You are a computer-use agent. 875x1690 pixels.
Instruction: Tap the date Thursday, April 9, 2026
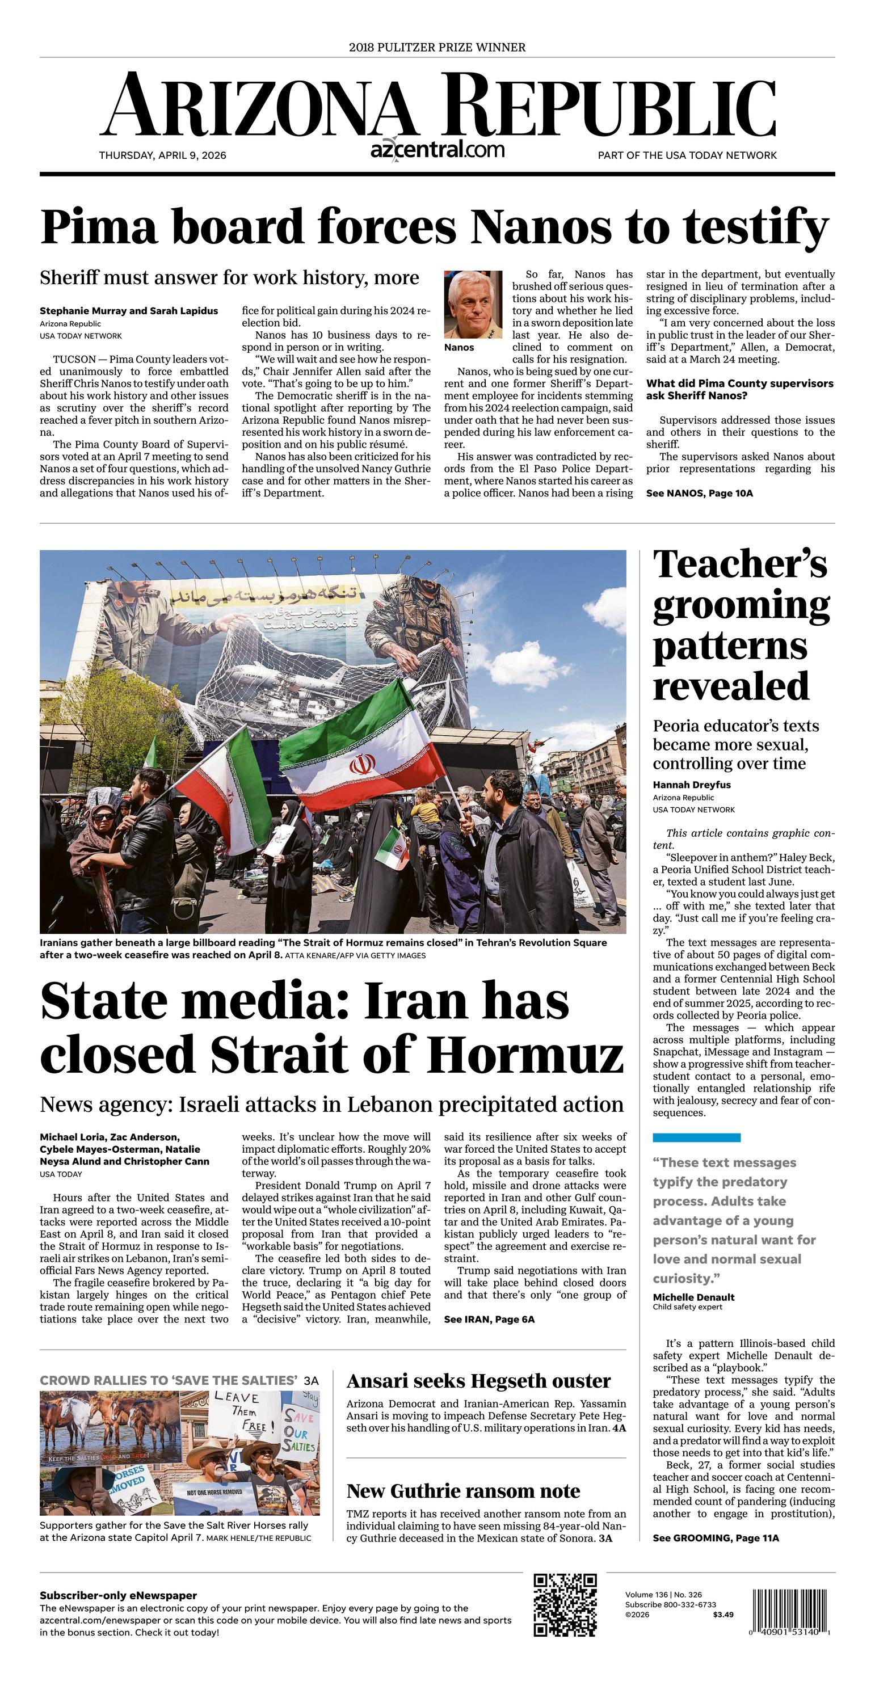(162, 155)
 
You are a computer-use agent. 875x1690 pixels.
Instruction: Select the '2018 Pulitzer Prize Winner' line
(437, 47)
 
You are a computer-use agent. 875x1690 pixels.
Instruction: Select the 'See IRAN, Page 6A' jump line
(489, 1320)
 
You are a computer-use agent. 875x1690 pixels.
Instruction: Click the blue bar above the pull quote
(696, 1137)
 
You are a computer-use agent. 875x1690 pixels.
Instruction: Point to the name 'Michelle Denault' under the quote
(693, 1297)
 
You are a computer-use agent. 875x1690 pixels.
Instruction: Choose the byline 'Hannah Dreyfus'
(691, 785)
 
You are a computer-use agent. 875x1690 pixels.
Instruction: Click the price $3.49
(723, 1615)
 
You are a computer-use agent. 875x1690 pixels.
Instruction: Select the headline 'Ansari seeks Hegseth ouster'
(478, 1381)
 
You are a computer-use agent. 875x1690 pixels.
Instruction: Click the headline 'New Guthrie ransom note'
(463, 1491)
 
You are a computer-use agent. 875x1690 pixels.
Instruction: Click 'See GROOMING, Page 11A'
(716, 1538)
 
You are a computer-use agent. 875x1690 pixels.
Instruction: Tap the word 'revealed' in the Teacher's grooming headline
(731, 686)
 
